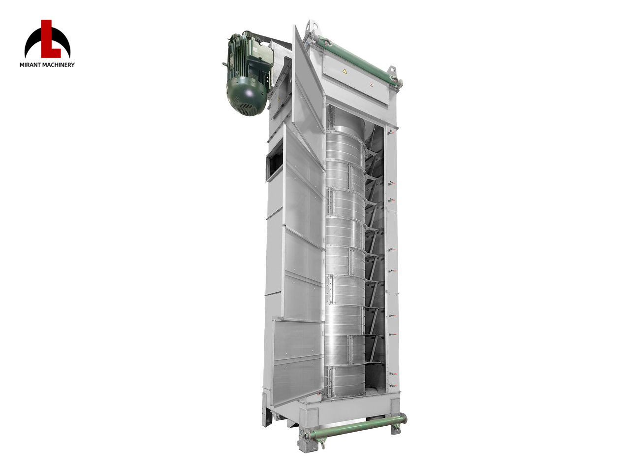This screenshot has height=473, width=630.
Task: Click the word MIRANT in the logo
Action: pyautogui.click(x=29, y=65)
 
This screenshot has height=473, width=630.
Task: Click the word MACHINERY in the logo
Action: pyautogui.click(x=58, y=65)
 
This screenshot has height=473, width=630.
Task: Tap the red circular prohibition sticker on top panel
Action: pyautogui.click(x=371, y=84)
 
